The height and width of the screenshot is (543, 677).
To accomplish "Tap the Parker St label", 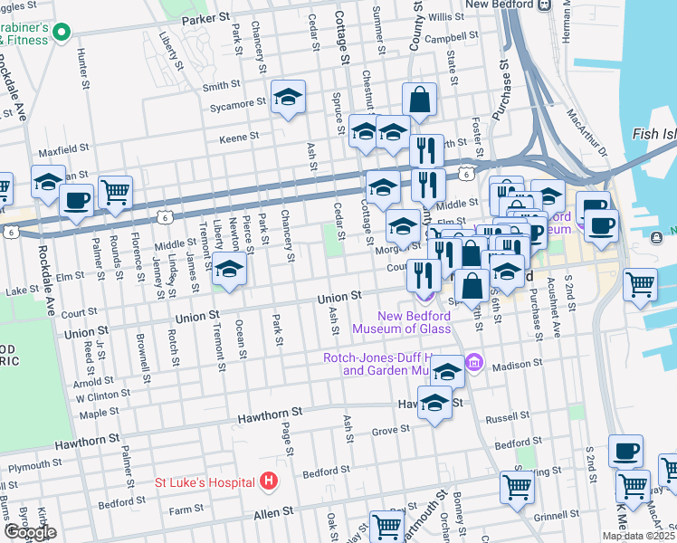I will point(206,18).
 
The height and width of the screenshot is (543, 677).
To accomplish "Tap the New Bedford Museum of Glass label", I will point(388,322).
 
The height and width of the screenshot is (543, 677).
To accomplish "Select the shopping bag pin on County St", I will point(420,100).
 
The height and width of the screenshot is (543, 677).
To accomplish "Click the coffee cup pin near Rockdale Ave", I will point(77,200).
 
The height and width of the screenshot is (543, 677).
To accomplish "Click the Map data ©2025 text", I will point(638,536).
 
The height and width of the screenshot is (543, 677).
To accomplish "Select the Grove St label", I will point(390,431).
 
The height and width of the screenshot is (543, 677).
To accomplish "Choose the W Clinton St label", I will point(103,395).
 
